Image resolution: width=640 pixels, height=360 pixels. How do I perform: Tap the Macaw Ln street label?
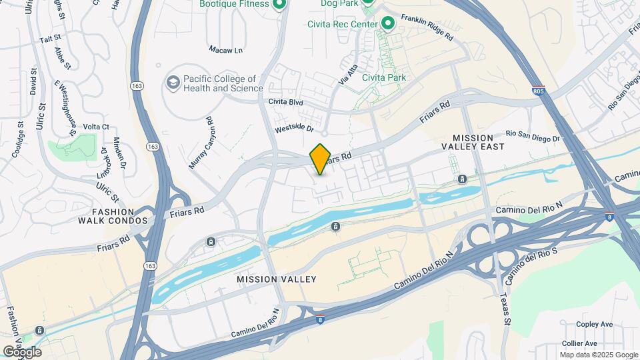(x=225, y=50)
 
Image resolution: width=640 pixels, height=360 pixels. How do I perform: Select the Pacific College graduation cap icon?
(x=173, y=83)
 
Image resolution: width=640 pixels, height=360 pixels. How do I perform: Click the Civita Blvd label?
(x=285, y=102)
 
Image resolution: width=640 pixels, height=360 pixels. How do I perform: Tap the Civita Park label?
(x=384, y=77)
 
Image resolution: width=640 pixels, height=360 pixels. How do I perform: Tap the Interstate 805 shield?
(x=539, y=90)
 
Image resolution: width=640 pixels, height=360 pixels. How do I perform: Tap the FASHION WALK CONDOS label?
(x=113, y=215)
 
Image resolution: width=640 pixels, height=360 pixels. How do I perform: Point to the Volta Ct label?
(x=96, y=126)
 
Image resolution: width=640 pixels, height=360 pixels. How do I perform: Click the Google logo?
(x=22, y=351)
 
